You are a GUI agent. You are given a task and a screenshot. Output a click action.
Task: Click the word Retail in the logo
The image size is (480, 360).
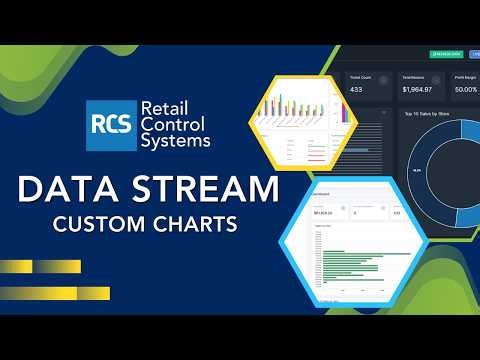click(x=166, y=108)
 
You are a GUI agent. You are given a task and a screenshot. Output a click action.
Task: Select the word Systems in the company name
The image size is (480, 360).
click(x=177, y=142)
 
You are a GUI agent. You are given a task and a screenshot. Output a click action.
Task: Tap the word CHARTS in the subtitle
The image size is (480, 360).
click(x=198, y=224)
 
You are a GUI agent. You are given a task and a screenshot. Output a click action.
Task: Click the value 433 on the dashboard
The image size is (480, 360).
click(x=356, y=89)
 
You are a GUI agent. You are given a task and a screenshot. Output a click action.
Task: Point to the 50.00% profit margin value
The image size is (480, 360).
click(x=465, y=89)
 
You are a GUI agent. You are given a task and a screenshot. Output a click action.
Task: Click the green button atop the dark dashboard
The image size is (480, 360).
click(x=445, y=53)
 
